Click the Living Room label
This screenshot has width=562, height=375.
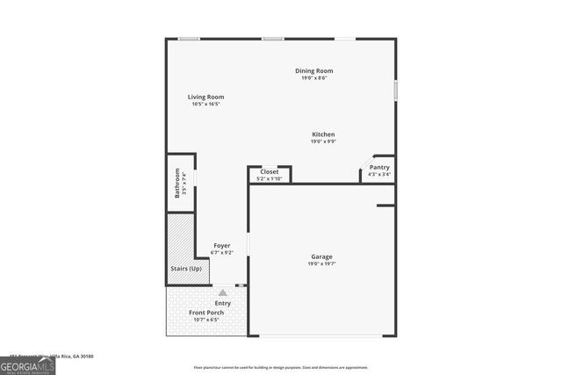click(x=205, y=97)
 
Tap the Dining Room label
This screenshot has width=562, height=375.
click(x=314, y=71)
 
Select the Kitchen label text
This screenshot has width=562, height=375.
click(x=322, y=134)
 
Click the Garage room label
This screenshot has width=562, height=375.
click(x=321, y=256)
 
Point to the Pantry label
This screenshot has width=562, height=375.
click(x=379, y=167)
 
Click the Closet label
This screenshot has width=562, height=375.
click(x=269, y=172)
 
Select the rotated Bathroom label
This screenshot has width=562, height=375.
click(x=177, y=183)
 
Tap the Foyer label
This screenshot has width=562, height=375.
click(x=222, y=245)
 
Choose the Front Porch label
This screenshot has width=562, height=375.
click(x=206, y=313)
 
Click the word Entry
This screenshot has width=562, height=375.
click(x=222, y=303)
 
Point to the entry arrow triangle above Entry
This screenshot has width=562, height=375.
click(x=223, y=292)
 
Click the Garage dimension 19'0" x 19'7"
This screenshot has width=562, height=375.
click(x=321, y=263)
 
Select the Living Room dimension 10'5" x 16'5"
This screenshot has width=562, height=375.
click(x=205, y=104)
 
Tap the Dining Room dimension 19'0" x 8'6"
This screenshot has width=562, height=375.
click(x=314, y=78)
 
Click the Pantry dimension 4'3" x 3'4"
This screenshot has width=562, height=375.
click(x=379, y=174)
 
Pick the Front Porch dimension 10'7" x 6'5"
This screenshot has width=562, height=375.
click(x=206, y=320)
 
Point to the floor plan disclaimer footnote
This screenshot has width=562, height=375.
click(x=281, y=368)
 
